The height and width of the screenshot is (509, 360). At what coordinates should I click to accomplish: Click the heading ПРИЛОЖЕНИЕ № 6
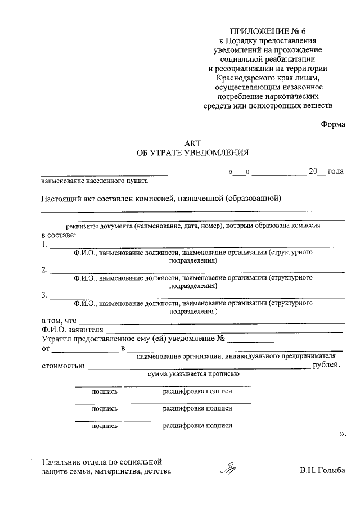(268, 31)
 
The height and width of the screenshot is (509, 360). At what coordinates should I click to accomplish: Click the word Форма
(333, 125)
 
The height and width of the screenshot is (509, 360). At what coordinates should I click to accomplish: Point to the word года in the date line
(336, 172)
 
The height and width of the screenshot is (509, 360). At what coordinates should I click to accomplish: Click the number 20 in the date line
(313, 172)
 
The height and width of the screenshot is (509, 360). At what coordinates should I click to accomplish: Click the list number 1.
(44, 244)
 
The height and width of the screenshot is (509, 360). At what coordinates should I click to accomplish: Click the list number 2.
(44, 269)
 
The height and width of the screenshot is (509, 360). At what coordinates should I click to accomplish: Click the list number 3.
(44, 295)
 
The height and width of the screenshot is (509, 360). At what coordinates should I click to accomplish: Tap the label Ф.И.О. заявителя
(72, 330)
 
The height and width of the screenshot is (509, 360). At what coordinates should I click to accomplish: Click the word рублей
(327, 366)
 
